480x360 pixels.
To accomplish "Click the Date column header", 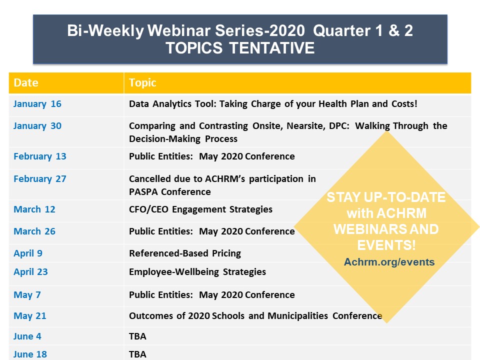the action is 26,82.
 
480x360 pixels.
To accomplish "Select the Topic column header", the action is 142,82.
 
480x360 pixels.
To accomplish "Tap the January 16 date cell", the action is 37,104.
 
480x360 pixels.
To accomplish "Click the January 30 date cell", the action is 37,126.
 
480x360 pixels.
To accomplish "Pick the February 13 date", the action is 40,156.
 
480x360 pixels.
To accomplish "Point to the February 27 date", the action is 40,179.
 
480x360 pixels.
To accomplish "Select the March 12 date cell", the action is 34,209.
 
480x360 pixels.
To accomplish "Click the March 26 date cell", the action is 34,231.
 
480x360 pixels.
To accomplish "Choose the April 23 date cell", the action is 30,272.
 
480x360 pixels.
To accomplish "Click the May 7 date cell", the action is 27,295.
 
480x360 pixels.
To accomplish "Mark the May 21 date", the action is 29,316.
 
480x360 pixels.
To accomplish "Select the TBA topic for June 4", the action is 137,336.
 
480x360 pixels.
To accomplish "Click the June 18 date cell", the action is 30,354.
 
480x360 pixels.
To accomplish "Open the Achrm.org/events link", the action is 389,262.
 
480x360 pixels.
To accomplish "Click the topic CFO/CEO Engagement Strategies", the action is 200,209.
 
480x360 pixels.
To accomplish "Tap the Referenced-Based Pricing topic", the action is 185,253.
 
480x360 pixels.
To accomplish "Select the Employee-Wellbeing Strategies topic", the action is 197,272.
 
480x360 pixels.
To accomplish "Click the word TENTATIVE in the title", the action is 272,48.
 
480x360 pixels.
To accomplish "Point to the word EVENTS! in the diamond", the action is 386,245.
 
